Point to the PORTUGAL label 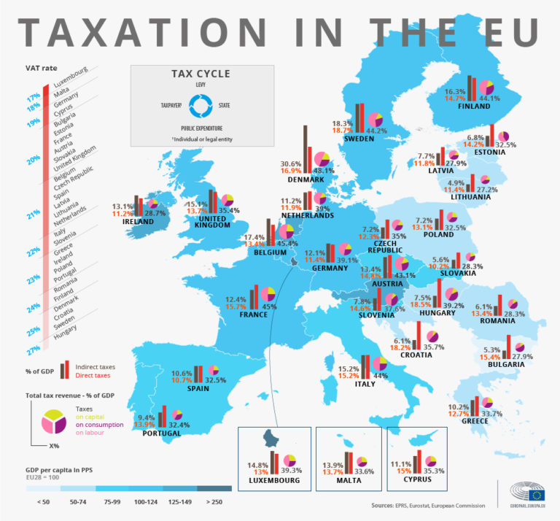161,433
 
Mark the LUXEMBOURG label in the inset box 274,481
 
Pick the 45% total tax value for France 269,307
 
